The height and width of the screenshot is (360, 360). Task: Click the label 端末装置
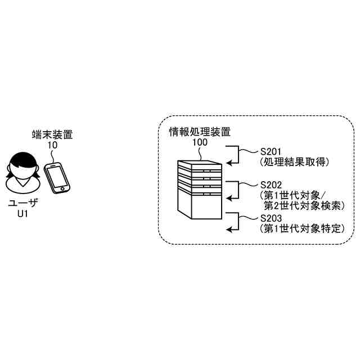pyautogui.click(x=52, y=134)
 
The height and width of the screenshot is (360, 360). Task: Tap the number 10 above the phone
pyautogui.click(x=52, y=145)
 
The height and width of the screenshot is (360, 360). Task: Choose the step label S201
pyautogui.click(x=271, y=151)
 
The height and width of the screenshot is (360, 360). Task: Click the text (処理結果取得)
pyautogui.click(x=294, y=161)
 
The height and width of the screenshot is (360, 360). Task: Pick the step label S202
pyautogui.click(x=271, y=184)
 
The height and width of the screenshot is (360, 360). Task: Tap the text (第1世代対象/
pyautogui.click(x=293, y=195)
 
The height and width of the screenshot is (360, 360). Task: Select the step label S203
pyautogui.click(x=271, y=218)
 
